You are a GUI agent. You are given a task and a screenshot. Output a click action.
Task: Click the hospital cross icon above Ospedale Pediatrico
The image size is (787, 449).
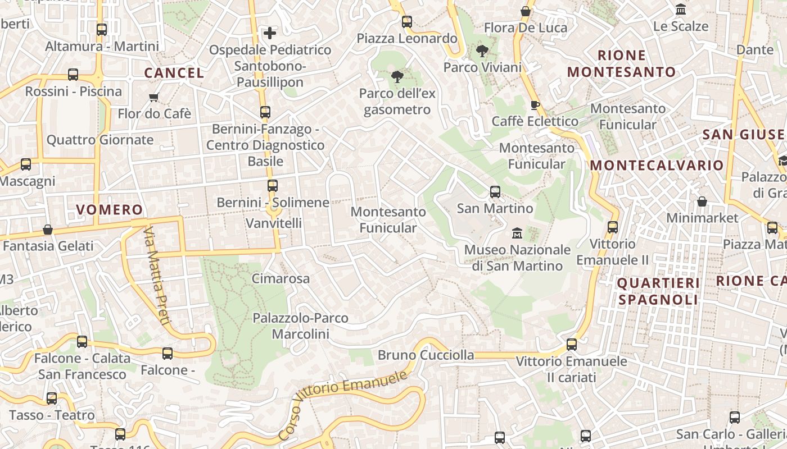[270, 33]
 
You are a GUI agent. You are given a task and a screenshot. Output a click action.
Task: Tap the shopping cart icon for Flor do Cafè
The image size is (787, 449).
[154, 97]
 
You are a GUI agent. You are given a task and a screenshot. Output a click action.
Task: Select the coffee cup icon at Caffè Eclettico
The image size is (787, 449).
[535, 105]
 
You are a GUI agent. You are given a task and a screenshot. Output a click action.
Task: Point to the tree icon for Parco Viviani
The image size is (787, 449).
[482, 52]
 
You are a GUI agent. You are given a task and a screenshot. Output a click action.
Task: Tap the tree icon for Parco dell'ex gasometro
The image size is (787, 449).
[397, 77]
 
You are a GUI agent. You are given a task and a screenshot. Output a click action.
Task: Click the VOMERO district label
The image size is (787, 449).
[110, 210]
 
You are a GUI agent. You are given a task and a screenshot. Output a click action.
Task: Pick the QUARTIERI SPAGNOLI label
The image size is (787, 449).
[658, 291]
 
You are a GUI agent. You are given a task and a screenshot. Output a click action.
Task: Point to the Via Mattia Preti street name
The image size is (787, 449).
[156, 276]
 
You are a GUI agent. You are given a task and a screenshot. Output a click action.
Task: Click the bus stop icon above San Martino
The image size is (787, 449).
[495, 192]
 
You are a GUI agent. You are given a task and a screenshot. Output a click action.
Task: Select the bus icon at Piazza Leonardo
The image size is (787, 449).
[406, 22]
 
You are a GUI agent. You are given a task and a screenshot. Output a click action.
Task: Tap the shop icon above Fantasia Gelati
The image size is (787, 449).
[48, 230]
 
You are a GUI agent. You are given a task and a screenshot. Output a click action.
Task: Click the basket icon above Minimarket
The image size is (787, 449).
[702, 201]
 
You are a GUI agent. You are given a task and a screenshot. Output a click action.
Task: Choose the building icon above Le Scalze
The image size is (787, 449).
[681, 10]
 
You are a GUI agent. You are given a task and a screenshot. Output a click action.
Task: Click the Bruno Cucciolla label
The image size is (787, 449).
[426, 355]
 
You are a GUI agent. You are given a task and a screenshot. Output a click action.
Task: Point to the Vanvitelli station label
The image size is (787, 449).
[274, 223]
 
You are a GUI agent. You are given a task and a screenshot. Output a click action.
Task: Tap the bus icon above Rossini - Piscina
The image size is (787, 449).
[73, 75]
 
